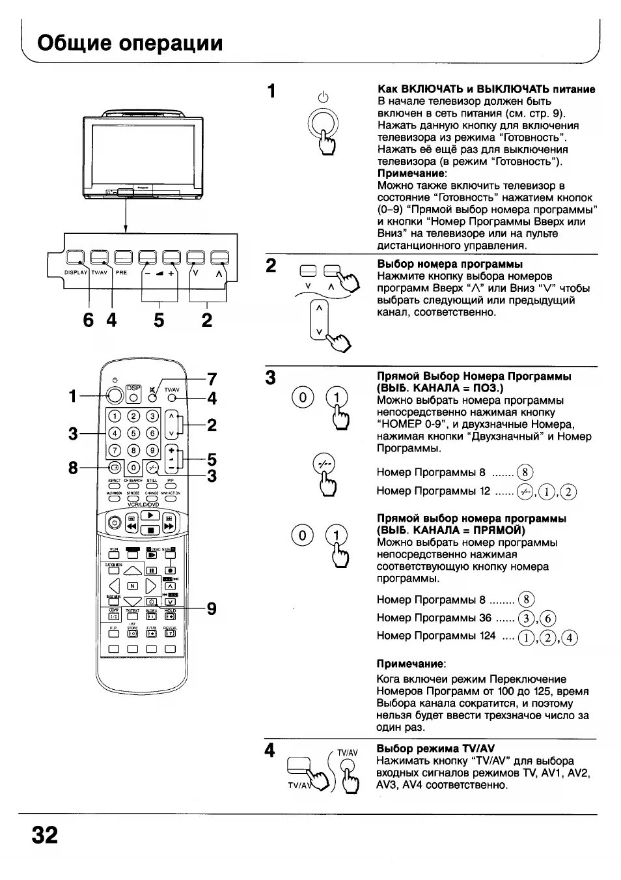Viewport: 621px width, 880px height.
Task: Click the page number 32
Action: click(x=44, y=834)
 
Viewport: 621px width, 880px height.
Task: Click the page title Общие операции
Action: click(x=130, y=43)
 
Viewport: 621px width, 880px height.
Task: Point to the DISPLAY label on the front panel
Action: click(x=76, y=273)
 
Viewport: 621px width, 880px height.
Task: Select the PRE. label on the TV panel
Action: click(x=122, y=273)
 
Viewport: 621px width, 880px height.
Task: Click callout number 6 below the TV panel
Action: click(x=89, y=320)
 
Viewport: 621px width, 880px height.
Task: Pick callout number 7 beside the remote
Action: click(x=212, y=379)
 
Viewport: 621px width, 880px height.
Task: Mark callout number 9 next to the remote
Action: click(x=212, y=608)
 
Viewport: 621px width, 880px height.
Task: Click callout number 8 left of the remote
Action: click(x=73, y=467)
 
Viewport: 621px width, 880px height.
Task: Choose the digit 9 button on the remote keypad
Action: click(x=152, y=450)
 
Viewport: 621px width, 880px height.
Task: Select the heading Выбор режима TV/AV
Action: click(x=435, y=748)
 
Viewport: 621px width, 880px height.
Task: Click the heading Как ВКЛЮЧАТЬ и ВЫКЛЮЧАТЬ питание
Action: click(x=486, y=89)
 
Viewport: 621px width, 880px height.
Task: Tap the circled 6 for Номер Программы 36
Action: click(x=548, y=619)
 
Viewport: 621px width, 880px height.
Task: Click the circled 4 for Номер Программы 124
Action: click(x=570, y=638)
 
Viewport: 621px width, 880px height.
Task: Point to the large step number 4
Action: click(x=270, y=750)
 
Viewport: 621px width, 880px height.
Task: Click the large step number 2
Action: click(x=271, y=265)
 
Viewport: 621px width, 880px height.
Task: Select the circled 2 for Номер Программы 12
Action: click(x=568, y=492)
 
